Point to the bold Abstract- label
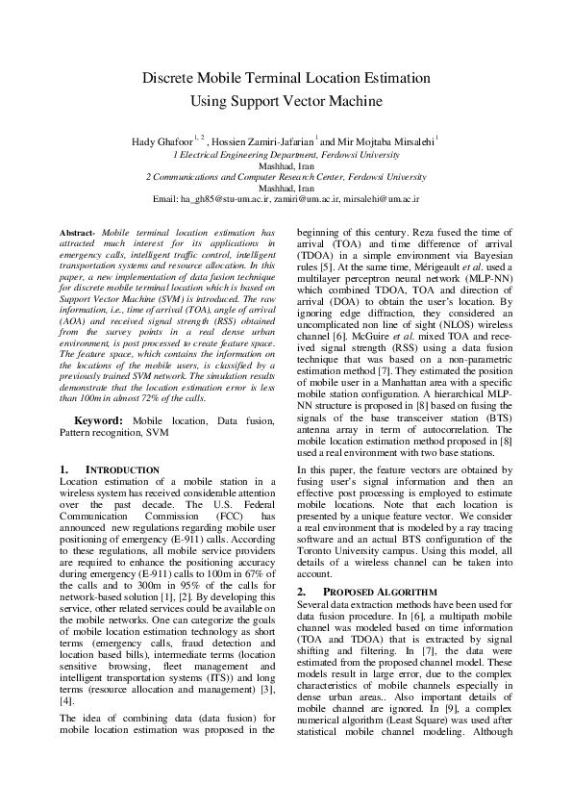coord(77,234)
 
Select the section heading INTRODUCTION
coord(122,468)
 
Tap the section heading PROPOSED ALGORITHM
coord(369,591)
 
